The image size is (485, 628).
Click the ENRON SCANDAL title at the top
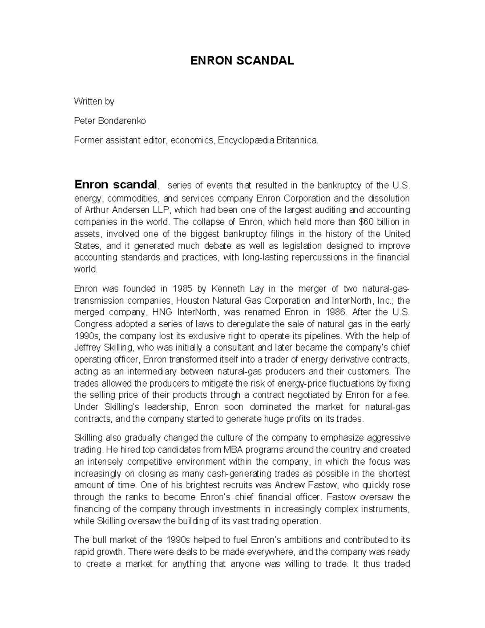[x=242, y=61]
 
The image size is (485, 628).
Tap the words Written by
[x=94, y=101]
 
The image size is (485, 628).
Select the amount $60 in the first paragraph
[x=361, y=222]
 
